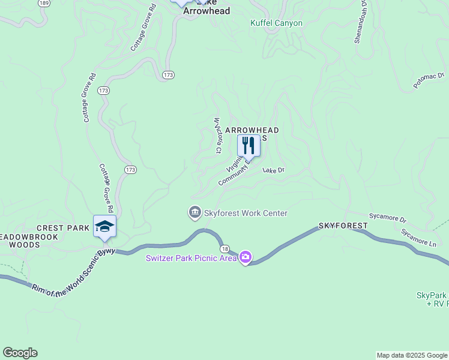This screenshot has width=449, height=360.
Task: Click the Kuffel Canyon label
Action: pyautogui.click(x=276, y=23)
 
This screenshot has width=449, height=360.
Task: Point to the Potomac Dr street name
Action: pyautogui.click(x=429, y=79)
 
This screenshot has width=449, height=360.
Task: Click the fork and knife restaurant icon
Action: pyautogui.click(x=249, y=145)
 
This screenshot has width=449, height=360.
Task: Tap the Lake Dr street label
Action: pyautogui.click(x=273, y=170)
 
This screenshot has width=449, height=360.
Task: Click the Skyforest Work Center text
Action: pyautogui.click(x=246, y=213)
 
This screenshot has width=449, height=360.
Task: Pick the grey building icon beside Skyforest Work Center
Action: pyautogui.click(x=194, y=213)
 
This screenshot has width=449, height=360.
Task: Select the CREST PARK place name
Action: pyautogui.click(x=63, y=228)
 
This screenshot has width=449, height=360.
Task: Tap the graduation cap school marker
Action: pyautogui.click(x=104, y=226)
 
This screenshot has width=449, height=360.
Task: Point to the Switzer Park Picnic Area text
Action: pyautogui.click(x=191, y=259)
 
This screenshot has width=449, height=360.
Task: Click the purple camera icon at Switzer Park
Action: pyautogui.click(x=245, y=258)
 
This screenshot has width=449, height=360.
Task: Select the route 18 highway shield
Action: pyautogui.click(x=224, y=248)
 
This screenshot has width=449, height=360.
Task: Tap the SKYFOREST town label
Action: pyautogui.click(x=343, y=226)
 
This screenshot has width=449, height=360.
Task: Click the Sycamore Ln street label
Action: pyautogui.click(x=418, y=238)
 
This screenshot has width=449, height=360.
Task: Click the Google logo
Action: pyautogui.click(x=20, y=353)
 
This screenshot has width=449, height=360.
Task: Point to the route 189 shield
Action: pyautogui.click(x=43, y=3)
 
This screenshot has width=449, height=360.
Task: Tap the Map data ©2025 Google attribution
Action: pyautogui.click(x=412, y=355)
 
